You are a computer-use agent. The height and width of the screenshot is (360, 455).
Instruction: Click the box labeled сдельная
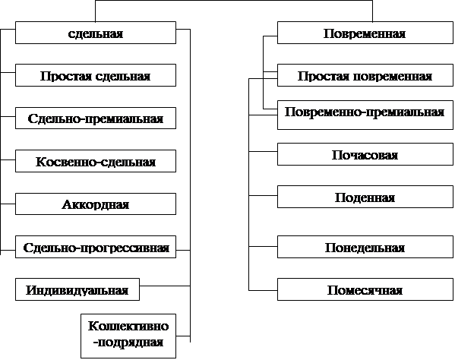(x=96, y=33)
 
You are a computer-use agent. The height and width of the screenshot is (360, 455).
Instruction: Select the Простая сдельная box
(x=96, y=75)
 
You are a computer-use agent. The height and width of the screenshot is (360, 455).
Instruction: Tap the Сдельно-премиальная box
(x=96, y=118)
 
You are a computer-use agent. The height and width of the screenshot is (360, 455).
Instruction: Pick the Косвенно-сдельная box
(x=96, y=161)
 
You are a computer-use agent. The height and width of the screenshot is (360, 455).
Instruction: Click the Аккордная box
(x=96, y=204)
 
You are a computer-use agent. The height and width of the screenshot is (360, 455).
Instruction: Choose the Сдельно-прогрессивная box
(x=96, y=247)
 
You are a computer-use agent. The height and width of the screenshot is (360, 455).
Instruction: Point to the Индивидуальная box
(x=77, y=289)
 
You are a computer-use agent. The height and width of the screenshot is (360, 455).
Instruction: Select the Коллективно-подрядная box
(x=128, y=336)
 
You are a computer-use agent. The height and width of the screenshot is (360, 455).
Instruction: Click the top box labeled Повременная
(x=365, y=33)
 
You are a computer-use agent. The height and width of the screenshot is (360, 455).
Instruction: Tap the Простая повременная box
(x=365, y=75)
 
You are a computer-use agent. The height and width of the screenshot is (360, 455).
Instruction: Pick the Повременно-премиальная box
(x=365, y=115)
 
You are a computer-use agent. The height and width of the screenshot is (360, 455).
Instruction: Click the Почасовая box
(x=365, y=154)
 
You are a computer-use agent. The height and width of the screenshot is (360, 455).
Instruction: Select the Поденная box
(x=365, y=197)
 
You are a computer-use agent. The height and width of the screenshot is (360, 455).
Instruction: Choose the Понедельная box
(x=365, y=247)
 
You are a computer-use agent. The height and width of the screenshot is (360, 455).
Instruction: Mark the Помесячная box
(x=365, y=289)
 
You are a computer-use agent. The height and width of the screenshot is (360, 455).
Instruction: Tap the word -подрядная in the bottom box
(x=128, y=343)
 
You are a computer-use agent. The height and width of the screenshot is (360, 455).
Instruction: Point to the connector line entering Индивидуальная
(x=165, y=286)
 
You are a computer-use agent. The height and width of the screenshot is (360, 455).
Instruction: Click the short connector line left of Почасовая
(x=263, y=151)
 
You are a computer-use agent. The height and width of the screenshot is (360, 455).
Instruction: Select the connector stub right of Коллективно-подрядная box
(x=183, y=336)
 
